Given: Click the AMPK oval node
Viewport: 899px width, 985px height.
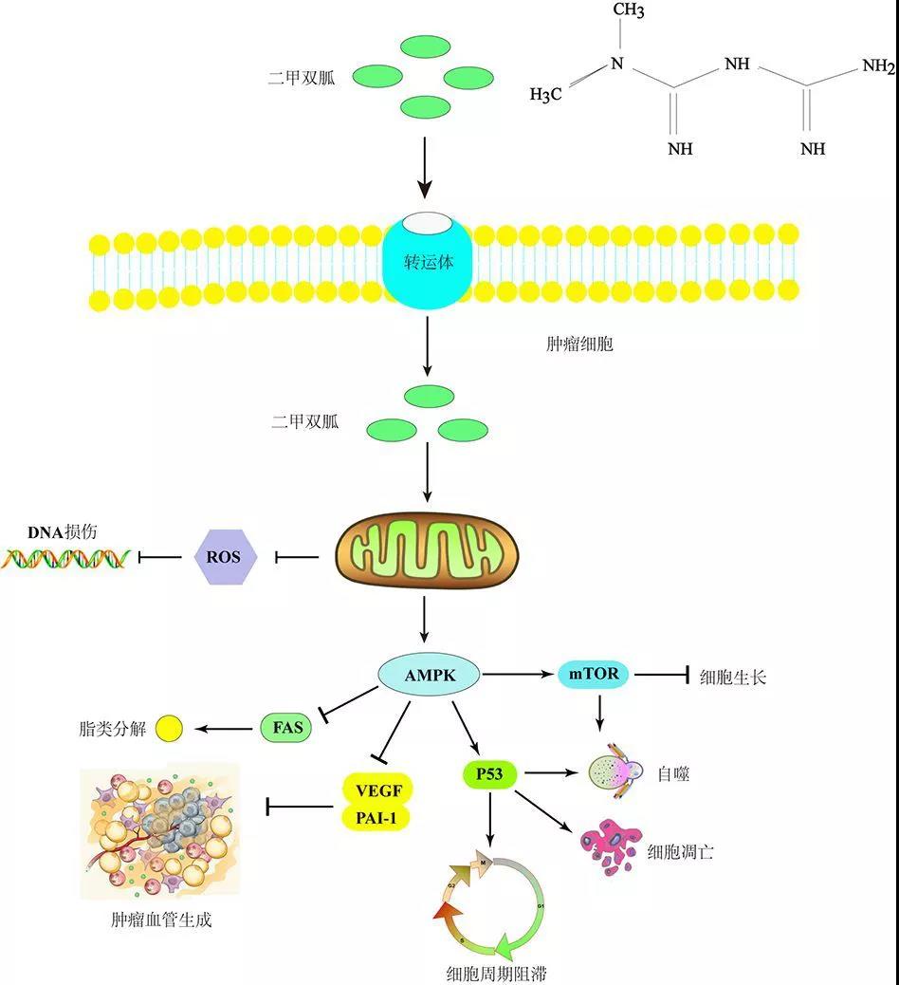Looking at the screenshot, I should tap(430, 676).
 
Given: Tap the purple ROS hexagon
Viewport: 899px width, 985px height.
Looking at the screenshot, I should tap(225, 557).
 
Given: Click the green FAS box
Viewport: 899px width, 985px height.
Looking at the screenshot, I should tap(285, 728).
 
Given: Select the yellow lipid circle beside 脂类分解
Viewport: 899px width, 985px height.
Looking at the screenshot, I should tap(169, 729).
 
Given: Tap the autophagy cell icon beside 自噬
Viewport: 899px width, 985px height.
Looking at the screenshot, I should tap(615, 771).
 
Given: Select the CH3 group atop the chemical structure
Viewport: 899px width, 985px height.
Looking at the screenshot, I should tap(629, 12).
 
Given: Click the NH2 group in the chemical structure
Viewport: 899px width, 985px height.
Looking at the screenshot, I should tap(877, 66).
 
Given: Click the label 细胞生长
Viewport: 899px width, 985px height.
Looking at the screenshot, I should tap(731, 677).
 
